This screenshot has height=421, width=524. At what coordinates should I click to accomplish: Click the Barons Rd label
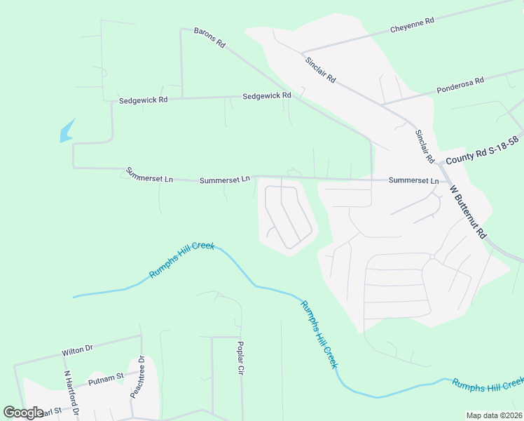pyautogui.click(x=209, y=39)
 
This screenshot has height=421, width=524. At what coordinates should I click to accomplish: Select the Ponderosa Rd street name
pyautogui.click(x=460, y=86)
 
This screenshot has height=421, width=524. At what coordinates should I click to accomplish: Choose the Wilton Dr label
pyautogui.click(x=77, y=349)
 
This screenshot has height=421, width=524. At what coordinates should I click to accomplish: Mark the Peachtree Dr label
pyautogui.click(x=137, y=377)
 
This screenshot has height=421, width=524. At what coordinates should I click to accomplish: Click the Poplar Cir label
pyautogui.click(x=240, y=359)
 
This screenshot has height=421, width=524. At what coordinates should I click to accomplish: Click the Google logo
pyautogui.click(x=23, y=413)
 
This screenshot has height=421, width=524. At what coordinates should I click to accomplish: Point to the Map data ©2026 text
pyautogui.click(x=494, y=415)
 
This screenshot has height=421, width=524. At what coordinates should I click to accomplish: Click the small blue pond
pyautogui.click(x=67, y=131)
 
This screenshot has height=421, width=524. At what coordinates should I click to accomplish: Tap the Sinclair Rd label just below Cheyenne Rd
pyautogui.click(x=321, y=69)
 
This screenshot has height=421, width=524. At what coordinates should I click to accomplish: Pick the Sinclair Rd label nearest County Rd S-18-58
pyautogui.click(x=425, y=146)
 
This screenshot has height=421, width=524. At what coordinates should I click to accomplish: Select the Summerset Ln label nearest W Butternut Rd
pyautogui.click(x=413, y=180)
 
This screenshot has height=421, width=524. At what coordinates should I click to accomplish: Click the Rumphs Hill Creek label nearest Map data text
pyautogui.click(x=488, y=383)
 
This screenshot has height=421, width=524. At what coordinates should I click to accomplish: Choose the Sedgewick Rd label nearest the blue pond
pyautogui.click(x=143, y=100)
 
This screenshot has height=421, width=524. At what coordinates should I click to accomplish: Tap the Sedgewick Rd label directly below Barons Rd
pyautogui.click(x=267, y=95)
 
